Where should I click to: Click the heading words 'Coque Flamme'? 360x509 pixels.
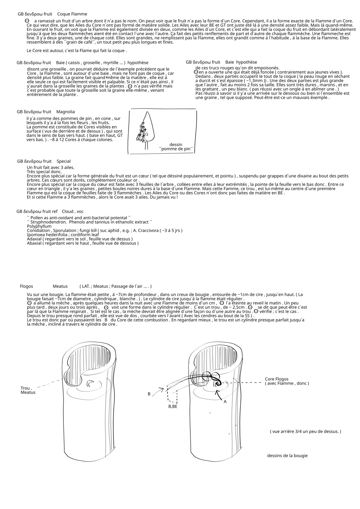[72, 14]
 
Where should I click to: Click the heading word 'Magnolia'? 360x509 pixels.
[65, 112]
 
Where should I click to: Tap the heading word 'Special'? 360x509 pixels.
[64, 161]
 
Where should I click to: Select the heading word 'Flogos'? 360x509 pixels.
[26, 286]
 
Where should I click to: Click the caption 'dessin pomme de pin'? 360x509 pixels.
[176, 147]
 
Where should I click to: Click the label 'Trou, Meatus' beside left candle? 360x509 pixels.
[28, 390]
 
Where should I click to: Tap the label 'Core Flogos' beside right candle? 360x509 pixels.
[277, 379]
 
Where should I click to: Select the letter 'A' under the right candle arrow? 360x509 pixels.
[225, 402]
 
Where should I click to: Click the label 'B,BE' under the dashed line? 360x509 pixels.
[172, 407]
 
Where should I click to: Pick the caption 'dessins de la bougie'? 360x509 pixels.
[287, 456]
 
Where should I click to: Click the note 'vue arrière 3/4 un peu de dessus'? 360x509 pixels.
[305, 432]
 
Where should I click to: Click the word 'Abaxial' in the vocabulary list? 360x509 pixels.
[34, 243]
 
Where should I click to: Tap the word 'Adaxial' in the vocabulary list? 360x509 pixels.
[34, 239]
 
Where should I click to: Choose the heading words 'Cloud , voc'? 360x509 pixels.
[73, 211]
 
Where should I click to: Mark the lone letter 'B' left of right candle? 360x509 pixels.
[149, 394]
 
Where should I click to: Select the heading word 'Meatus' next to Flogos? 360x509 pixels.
[60, 286]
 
